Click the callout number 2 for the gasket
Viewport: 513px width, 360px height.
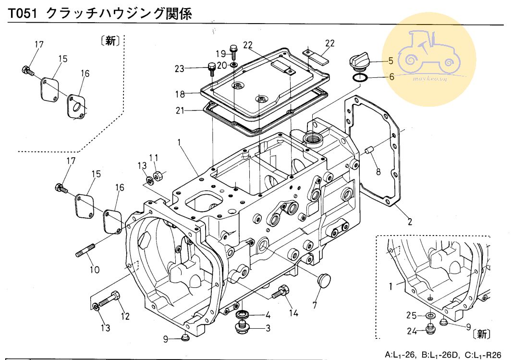tap(410, 222)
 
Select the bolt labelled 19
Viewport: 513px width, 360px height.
tap(233, 50)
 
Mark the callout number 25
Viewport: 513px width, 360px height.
tap(411, 315)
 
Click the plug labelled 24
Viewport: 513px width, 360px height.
tap(431, 330)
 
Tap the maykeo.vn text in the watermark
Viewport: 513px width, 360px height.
tap(423, 77)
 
